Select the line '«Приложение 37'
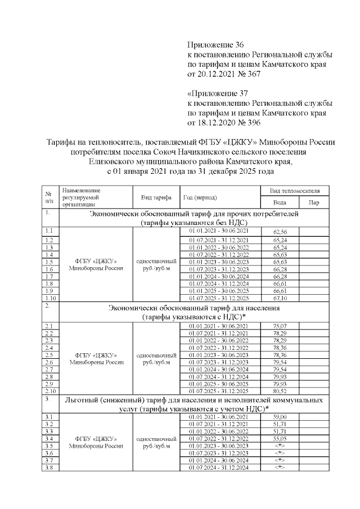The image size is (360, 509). click(x=218, y=93)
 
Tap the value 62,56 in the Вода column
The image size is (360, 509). click(x=280, y=232)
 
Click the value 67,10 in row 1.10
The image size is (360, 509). click(x=280, y=298)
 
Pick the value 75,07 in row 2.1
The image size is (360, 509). click(x=280, y=326)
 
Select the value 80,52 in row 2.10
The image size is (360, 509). click(x=280, y=391)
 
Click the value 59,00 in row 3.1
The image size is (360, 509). click(x=280, y=417)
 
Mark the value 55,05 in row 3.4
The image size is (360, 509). click(x=280, y=438)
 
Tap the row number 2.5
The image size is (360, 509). click(x=49, y=355)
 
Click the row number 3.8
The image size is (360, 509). click(x=49, y=467)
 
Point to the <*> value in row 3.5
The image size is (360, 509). click(x=280, y=445)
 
